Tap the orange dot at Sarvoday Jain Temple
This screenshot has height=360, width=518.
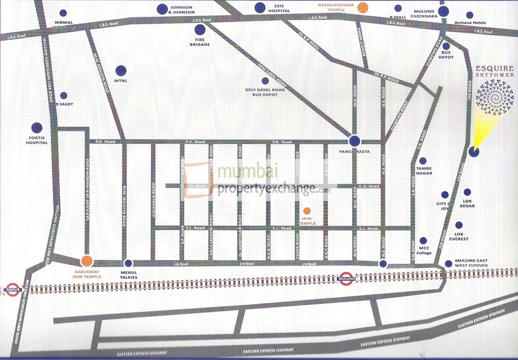click(x=87, y=262)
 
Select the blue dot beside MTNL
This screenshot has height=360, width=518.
click(x=121, y=71)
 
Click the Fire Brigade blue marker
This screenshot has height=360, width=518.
click(x=200, y=30)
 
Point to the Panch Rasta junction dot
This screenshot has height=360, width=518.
click(x=355, y=141)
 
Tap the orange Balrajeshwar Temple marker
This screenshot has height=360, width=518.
click(x=362, y=8)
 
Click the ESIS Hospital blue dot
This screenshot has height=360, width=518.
click(x=260, y=8)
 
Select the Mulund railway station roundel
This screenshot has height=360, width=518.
click(x=346, y=279)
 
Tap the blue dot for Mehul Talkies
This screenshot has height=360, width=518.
click(x=128, y=263)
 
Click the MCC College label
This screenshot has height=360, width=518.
click(x=425, y=251)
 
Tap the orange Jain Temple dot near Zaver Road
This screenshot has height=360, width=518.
click(x=307, y=211)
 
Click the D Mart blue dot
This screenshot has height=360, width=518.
click(x=64, y=96)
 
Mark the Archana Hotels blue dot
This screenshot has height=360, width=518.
click(x=470, y=16)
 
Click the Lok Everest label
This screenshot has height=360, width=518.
click(x=459, y=236)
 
